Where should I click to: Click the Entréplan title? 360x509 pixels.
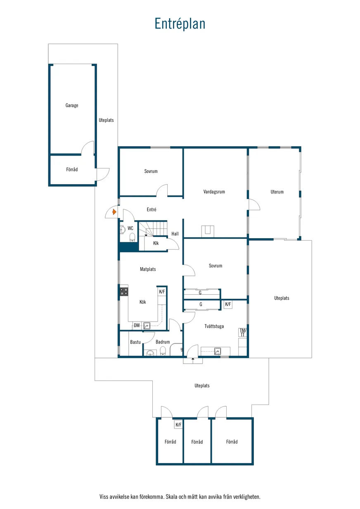click(180, 24)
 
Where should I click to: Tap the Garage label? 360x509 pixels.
click(72, 105)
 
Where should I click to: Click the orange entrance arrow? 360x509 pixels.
click(114, 212)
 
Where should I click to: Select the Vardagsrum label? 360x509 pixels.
click(214, 192)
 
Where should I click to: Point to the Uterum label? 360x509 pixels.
click(277, 192)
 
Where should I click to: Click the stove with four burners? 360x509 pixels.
click(124, 292)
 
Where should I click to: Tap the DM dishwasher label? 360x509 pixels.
click(137, 325)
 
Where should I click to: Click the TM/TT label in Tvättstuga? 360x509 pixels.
click(243, 332)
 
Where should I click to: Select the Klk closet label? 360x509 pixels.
click(156, 243)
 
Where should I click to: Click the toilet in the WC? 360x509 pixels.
click(132, 238)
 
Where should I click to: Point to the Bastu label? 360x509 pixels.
click(135, 342)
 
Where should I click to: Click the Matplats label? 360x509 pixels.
click(148, 269)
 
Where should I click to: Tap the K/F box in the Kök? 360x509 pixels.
click(162, 291)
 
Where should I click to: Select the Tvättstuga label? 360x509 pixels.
click(214, 326)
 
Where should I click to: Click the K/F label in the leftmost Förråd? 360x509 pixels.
click(178, 425)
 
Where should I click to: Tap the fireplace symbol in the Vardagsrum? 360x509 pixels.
click(208, 231)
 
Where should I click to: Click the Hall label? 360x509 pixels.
click(175, 234)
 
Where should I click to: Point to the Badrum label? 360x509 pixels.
click(163, 342)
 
